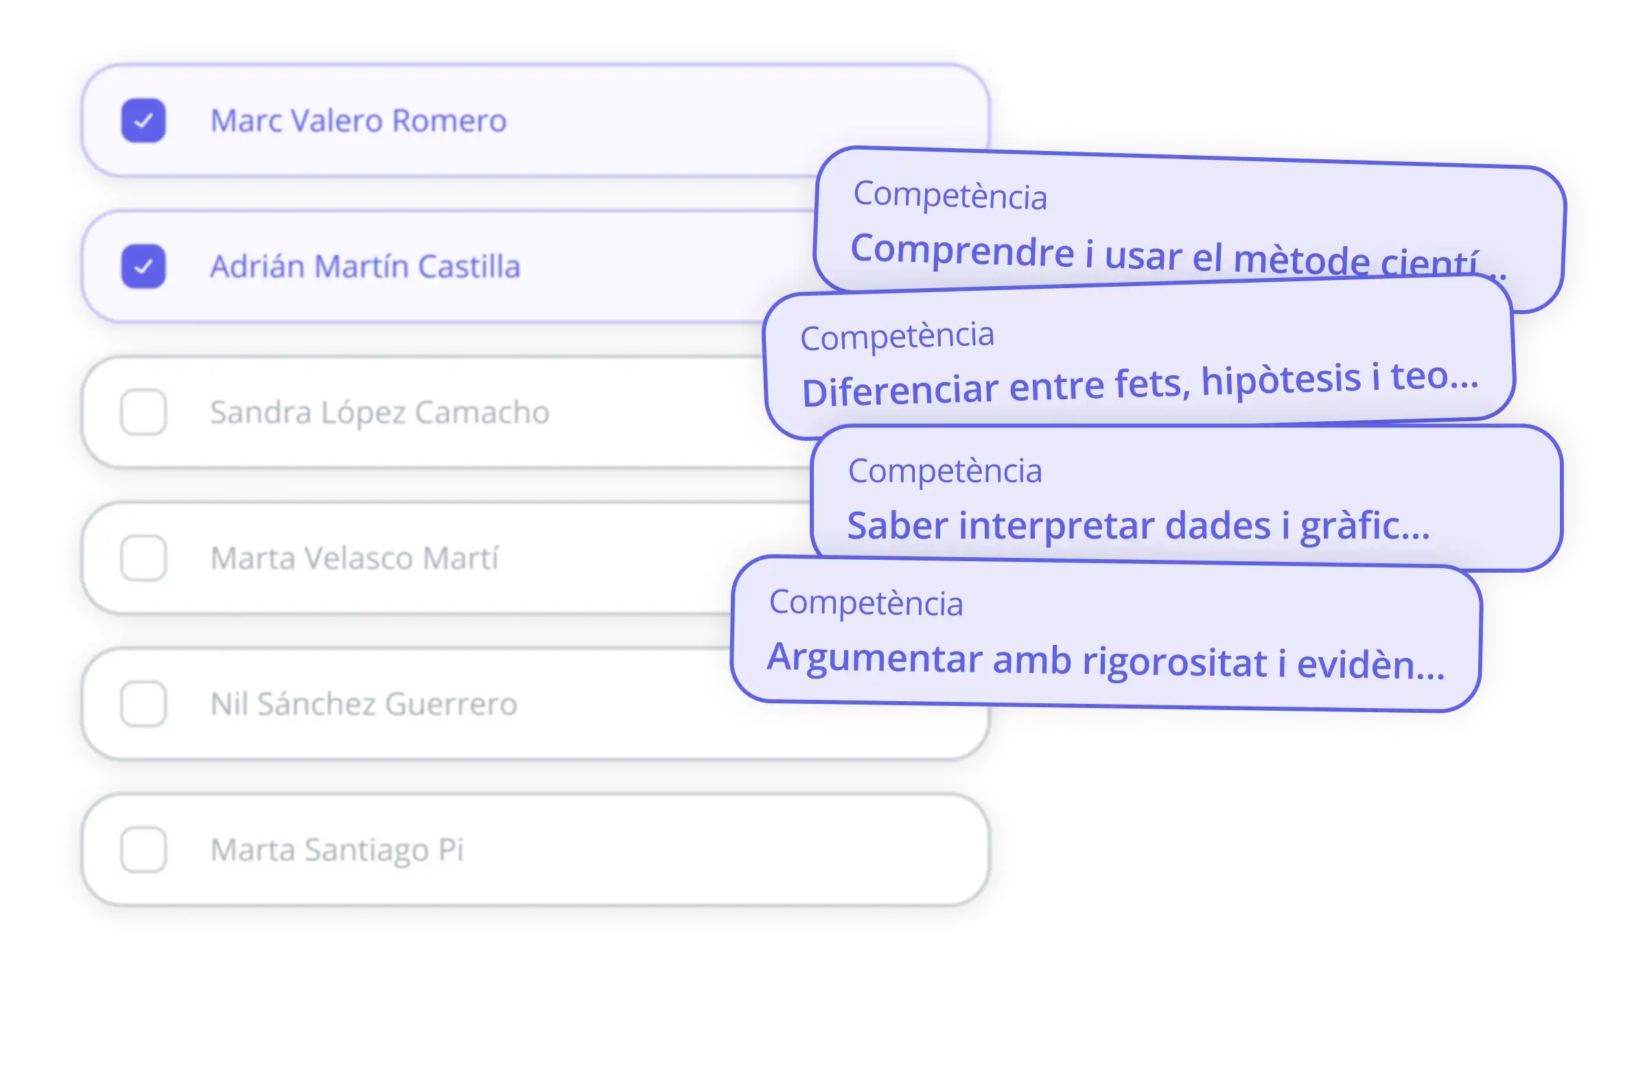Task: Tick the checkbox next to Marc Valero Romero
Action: (143, 120)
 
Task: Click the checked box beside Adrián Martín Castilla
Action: (143, 266)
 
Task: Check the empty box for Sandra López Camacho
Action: (143, 412)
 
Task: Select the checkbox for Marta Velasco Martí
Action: (143, 558)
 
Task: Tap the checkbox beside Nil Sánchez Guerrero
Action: (143, 704)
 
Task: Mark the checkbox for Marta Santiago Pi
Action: (143, 849)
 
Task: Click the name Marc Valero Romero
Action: (358, 120)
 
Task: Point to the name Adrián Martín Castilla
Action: (364, 266)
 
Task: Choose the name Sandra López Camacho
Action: (379, 412)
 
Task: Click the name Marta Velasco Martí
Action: (354, 558)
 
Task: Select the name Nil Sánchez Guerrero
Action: (363, 704)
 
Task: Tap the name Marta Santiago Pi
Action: (336, 849)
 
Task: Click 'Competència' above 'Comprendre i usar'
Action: (950, 196)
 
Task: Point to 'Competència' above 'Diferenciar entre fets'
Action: (897, 336)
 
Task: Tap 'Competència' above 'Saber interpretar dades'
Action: (944, 471)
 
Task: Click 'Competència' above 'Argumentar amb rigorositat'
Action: (866, 602)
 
